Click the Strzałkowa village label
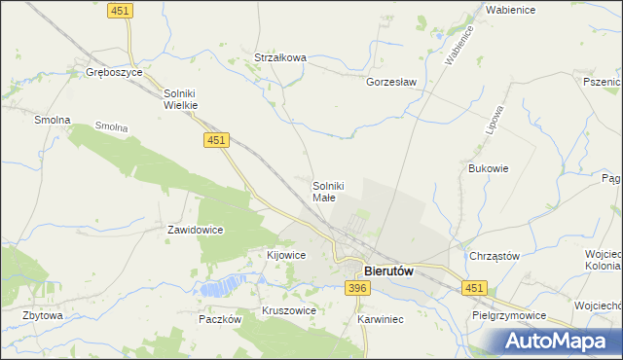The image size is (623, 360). click(x=280, y=57)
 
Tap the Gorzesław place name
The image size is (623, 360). click(x=391, y=82)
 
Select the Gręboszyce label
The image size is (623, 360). click(x=114, y=72)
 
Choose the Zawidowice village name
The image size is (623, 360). click(x=196, y=230)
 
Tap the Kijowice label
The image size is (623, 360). click(x=286, y=255)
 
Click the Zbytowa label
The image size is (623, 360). click(x=43, y=315)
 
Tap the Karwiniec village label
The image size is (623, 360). click(x=380, y=318)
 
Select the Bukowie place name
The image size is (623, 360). click(x=489, y=167)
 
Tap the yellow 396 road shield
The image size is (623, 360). click(x=357, y=288)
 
